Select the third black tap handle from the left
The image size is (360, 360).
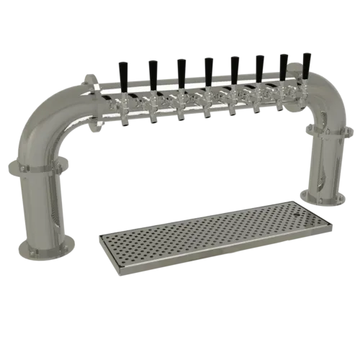pyautogui.click(x=181, y=71)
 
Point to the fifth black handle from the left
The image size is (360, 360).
pyautogui.click(x=235, y=67)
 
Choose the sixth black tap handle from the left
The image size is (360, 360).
pyautogui.click(x=259, y=66)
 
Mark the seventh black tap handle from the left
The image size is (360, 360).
pyautogui.click(x=283, y=65)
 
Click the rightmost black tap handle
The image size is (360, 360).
pyautogui.click(x=306, y=64)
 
